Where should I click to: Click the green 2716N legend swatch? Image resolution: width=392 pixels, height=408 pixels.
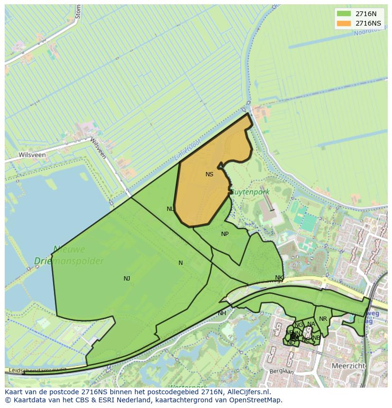[344, 14]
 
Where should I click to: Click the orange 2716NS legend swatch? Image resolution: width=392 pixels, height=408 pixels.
[344, 23]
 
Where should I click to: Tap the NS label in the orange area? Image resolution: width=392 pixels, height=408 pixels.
[209, 174]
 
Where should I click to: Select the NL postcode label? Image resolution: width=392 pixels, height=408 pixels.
[170, 209]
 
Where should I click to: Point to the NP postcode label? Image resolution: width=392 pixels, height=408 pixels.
[225, 234]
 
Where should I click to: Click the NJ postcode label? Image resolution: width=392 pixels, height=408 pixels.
[127, 279]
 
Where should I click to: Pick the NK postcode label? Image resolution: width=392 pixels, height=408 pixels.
[279, 278]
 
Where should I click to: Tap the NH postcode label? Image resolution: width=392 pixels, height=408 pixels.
[222, 313]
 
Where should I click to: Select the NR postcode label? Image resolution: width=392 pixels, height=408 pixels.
[323, 319]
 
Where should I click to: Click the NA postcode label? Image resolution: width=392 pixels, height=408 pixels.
[311, 325]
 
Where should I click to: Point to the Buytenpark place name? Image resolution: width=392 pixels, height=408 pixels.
[249, 192]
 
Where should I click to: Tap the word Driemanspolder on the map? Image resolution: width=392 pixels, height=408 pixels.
[69, 261]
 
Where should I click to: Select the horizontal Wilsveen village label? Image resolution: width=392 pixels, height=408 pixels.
[32, 155]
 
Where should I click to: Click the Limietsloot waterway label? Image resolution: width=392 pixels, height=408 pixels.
[187, 150]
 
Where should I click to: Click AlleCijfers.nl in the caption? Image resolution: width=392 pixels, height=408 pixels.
[248, 392]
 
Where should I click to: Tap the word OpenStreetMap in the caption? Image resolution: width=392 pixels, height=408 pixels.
[258, 400]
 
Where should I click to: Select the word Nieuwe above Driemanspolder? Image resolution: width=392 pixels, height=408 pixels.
[69, 249]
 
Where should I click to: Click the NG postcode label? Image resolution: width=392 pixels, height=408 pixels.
[298, 325]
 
